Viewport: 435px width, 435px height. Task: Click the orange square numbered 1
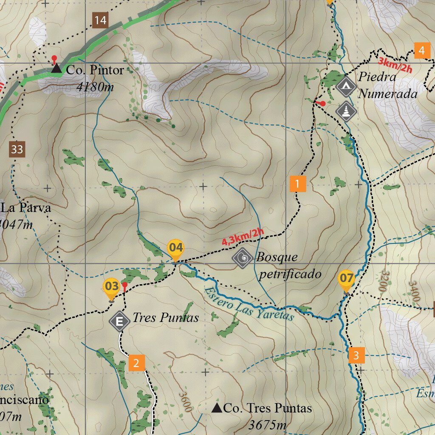point(297,184)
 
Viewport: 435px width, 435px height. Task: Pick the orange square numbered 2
point(136,363)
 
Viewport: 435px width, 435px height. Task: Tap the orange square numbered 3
point(356,355)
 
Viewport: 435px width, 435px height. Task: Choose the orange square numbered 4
point(421,51)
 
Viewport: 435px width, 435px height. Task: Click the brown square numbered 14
point(100,20)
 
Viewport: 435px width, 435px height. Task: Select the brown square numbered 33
point(17,150)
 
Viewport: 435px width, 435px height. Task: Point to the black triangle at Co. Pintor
point(56,68)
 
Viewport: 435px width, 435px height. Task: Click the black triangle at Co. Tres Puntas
point(217,408)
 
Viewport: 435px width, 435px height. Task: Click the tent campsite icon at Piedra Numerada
point(346,87)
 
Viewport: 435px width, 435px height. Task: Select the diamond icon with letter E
point(120,322)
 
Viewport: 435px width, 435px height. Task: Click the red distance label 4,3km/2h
point(243,237)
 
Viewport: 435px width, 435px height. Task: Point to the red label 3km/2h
point(395,65)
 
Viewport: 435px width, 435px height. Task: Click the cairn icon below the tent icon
point(346,111)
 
